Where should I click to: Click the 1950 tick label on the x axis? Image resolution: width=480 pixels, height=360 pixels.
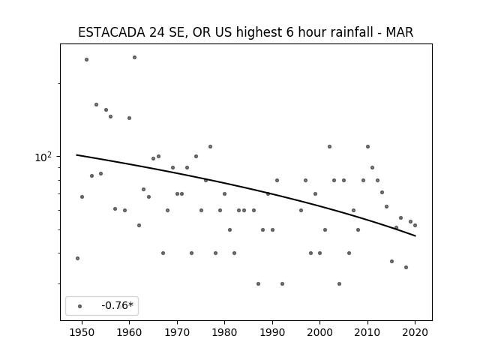(x=82, y=332)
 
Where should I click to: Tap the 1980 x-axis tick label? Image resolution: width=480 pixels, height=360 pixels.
(x=224, y=332)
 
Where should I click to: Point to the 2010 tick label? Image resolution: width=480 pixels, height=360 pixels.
(x=367, y=332)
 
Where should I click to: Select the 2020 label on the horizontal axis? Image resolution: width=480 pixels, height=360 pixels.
(x=415, y=332)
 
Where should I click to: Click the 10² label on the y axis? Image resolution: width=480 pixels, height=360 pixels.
(x=43, y=157)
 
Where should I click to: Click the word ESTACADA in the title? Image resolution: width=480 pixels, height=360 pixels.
(x=112, y=32)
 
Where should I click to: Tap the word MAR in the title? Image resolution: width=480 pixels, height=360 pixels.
(x=400, y=32)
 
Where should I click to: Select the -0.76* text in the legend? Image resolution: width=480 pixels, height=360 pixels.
(x=118, y=305)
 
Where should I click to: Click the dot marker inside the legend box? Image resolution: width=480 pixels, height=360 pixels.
(x=80, y=306)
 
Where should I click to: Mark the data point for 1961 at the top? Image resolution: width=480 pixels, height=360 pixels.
(x=134, y=57)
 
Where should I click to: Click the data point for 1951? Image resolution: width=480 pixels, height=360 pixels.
(x=87, y=59)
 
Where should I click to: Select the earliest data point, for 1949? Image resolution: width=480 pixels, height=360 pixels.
(x=77, y=258)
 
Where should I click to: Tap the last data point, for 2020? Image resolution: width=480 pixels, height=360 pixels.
(x=415, y=225)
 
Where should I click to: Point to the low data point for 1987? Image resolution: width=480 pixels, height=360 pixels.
(x=258, y=283)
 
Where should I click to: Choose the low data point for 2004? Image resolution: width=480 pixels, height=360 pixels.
(x=339, y=283)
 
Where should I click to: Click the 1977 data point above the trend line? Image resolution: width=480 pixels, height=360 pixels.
(x=210, y=147)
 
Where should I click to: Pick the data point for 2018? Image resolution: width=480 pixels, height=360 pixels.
(x=406, y=267)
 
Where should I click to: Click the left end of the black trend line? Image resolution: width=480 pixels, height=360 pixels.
(x=76, y=155)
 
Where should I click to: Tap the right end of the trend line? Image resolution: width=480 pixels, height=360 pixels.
(x=415, y=235)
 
